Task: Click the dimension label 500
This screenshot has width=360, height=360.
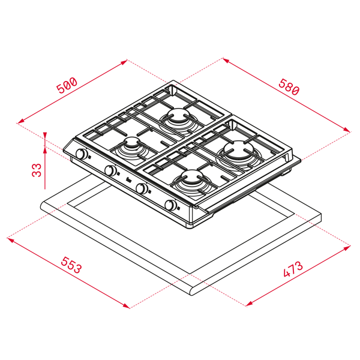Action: [x=67, y=85]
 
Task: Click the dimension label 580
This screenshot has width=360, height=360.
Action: [x=289, y=87]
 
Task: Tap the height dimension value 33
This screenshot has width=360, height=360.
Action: [x=37, y=170]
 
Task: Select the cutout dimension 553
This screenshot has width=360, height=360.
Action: [x=71, y=265]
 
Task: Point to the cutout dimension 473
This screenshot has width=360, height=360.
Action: [x=293, y=269]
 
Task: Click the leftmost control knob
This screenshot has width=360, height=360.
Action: [x=82, y=154]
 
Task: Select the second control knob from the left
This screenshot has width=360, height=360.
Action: [x=110, y=170]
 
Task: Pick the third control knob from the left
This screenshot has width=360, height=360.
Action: [x=142, y=188]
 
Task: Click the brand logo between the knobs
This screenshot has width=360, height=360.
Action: [x=129, y=180]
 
